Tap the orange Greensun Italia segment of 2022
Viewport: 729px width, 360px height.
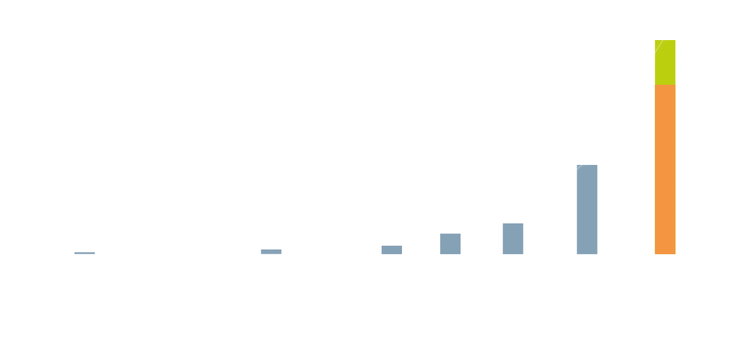pos(665,169)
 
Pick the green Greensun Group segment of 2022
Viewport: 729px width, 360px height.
pos(665,62)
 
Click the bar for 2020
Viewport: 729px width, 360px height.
pos(513,238)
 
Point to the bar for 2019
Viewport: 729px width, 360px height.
pos(450,243)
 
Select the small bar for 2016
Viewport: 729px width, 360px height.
pos(392,250)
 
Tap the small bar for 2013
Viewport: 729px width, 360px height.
pos(271,251)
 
